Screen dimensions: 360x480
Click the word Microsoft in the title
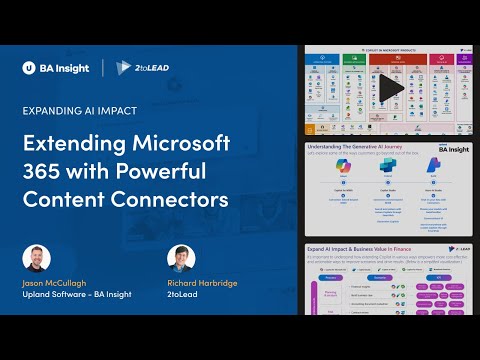[176, 141]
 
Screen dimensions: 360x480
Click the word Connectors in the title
[173, 199]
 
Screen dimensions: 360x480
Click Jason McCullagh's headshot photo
[36, 259]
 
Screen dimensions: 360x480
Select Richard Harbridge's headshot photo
[181, 259]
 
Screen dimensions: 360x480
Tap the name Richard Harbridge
[204, 284]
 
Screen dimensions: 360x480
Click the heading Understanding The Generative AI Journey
[355, 146]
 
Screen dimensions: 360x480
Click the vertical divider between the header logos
[102, 68]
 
